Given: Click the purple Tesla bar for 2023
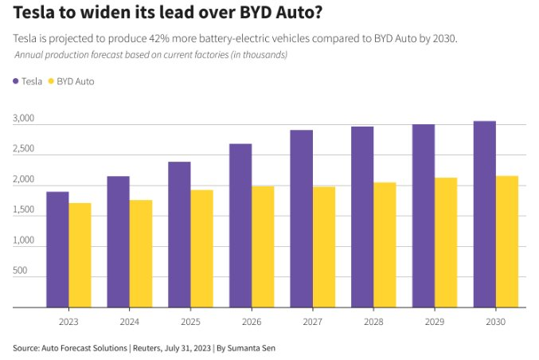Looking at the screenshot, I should click(57, 249).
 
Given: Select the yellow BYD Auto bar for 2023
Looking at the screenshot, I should click(80, 255).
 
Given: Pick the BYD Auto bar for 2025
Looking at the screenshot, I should click(202, 248).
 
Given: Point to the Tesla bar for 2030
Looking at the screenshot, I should click(485, 214).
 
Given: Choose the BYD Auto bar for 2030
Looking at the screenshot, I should click(507, 241).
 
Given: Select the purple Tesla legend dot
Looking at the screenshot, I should click(17, 81).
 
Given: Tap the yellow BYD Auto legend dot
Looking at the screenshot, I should click(53, 81).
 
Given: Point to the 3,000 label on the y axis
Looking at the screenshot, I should click(25, 119).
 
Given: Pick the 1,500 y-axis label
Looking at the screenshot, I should click(25, 210).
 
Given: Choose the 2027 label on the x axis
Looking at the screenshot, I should click(313, 322).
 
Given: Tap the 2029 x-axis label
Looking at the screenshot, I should click(435, 322).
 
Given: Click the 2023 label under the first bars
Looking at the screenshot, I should click(68, 322).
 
